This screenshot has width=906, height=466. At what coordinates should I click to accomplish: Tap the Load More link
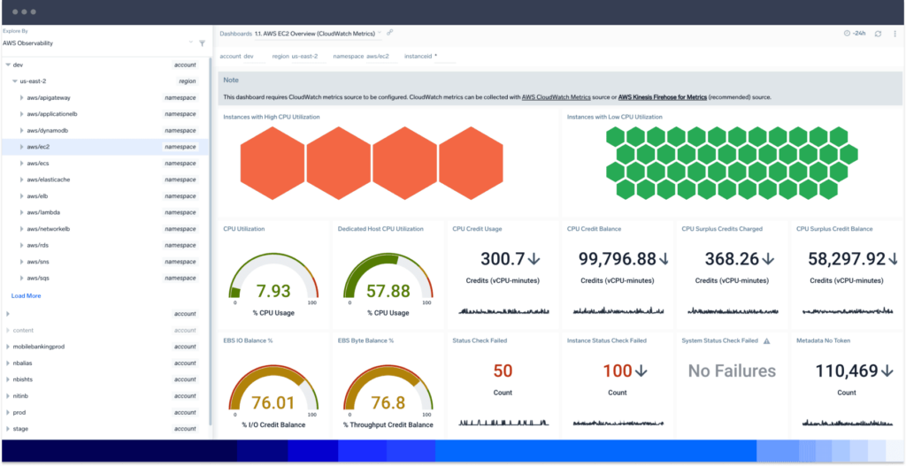[x=26, y=295]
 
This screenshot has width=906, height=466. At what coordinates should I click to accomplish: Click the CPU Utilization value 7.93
[x=273, y=292]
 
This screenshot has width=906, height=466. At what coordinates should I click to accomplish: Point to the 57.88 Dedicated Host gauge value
[x=388, y=292]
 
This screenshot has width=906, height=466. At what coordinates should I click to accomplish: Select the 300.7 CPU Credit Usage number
[x=503, y=259]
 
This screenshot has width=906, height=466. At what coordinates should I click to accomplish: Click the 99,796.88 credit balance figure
[x=610, y=259]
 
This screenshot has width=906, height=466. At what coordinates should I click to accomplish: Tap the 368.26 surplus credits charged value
[x=725, y=259]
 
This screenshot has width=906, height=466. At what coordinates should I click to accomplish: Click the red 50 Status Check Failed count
[x=503, y=371]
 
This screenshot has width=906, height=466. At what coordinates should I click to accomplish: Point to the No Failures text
[x=732, y=371]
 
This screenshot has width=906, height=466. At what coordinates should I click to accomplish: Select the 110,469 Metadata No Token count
[x=840, y=371]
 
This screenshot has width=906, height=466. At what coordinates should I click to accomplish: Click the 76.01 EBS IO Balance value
[x=273, y=403]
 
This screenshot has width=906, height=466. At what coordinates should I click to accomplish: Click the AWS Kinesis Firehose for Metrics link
[x=662, y=96]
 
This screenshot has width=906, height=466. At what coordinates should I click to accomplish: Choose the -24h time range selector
[x=854, y=34]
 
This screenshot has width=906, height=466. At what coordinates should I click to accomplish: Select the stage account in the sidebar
[x=20, y=429]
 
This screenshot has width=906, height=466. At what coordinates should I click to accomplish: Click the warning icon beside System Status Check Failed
[x=767, y=340]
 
